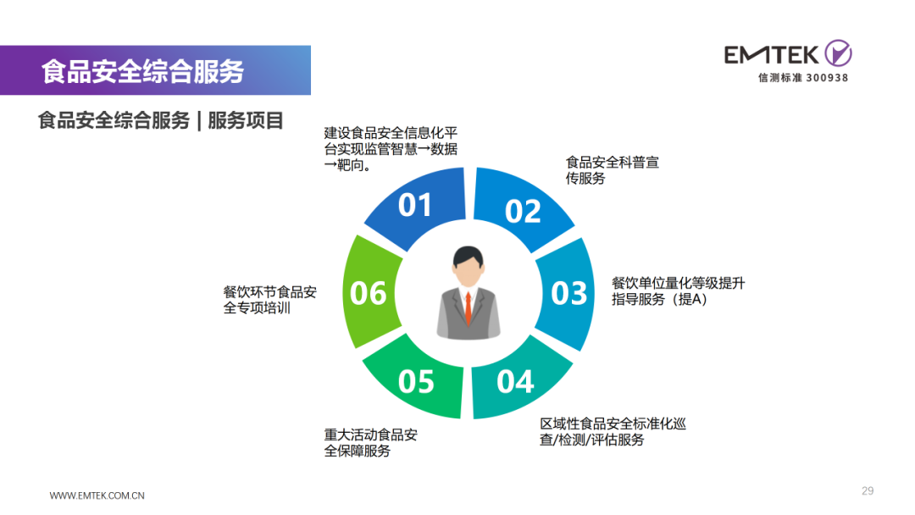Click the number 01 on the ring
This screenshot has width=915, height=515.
[x=415, y=205]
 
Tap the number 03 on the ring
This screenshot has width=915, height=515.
[x=569, y=293]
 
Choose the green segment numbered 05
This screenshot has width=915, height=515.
[x=415, y=380]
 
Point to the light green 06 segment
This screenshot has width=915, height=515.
[x=370, y=291]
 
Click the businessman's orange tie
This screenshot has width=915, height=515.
[x=468, y=308]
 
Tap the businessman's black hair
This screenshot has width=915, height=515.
[x=468, y=257]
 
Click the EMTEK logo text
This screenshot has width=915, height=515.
[x=772, y=55]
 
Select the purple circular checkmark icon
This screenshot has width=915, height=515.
[x=838, y=53]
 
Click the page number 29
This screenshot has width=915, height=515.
[x=868, y=491]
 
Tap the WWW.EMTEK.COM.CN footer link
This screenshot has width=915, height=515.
[x=97, y=496]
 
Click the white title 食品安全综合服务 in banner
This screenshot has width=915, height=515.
[x=142, y=71]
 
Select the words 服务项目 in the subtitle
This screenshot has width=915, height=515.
[x=246, y=121]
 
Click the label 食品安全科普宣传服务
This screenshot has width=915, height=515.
[x=613, y=170]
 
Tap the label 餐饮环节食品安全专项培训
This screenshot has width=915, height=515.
[x=269, y=300]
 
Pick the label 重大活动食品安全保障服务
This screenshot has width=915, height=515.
[x=370, y=443]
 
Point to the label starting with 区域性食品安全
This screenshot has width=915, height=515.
[x=613, y=432]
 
